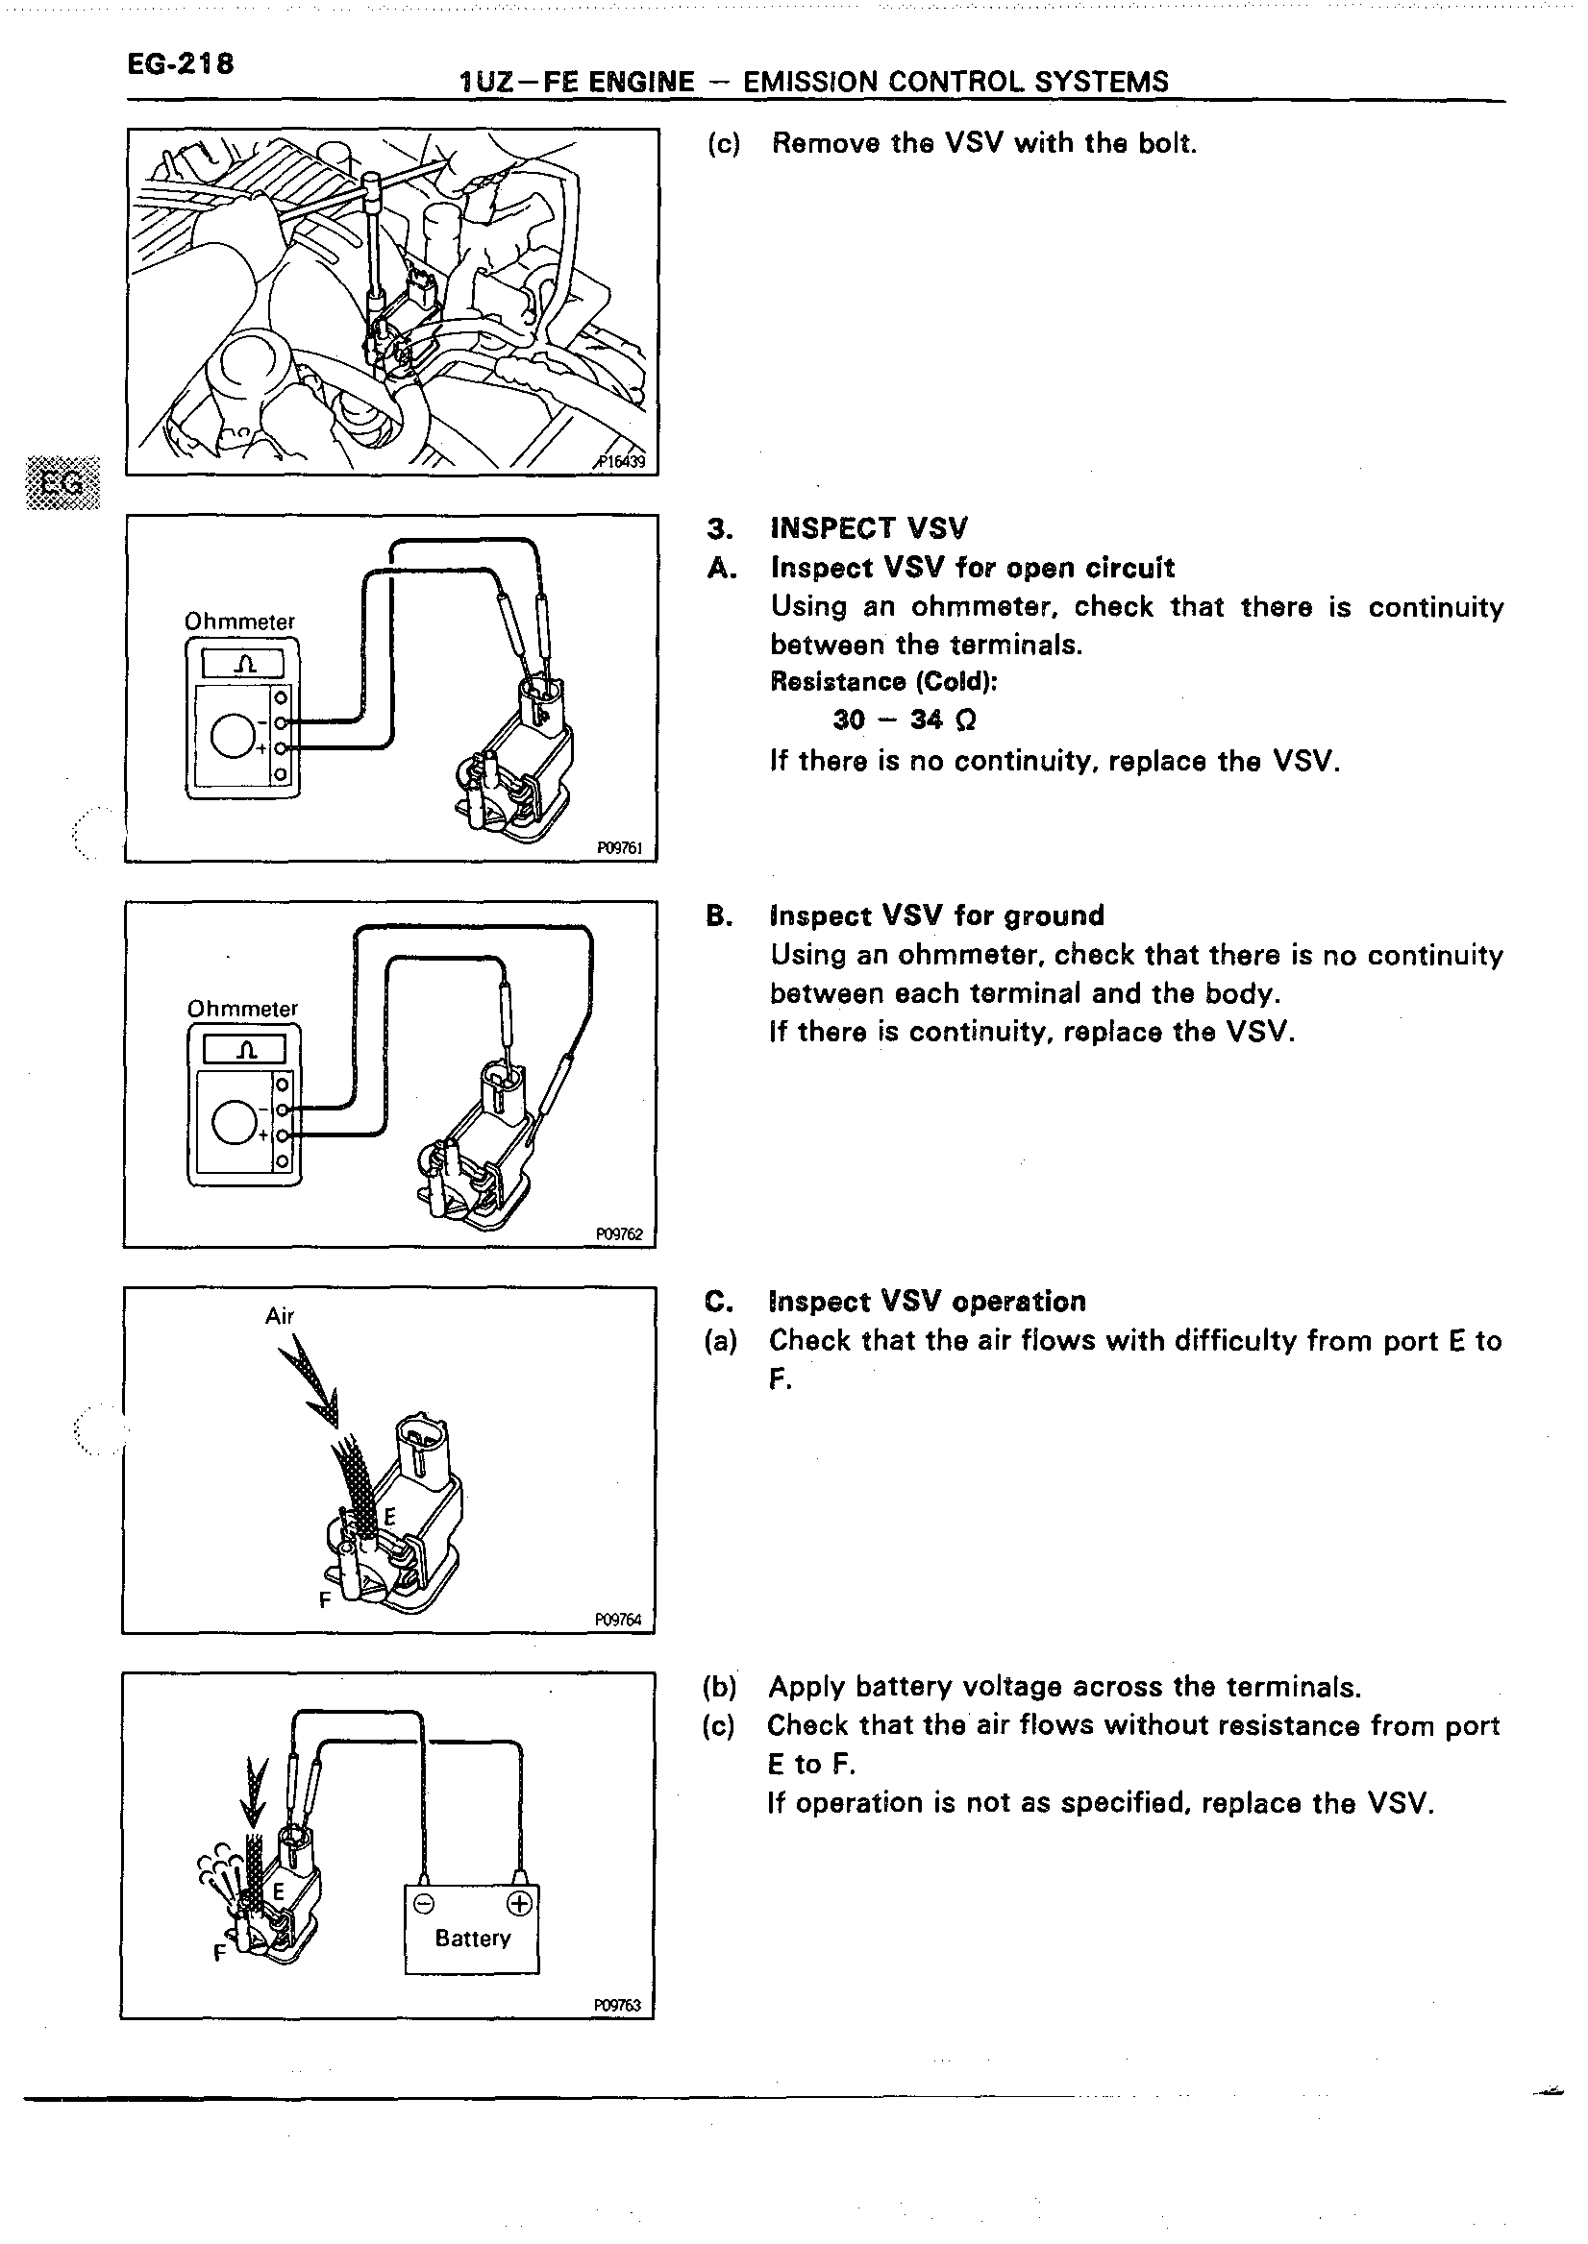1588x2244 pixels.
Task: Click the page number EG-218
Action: (180, 63)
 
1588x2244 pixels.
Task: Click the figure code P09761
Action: (620, 848)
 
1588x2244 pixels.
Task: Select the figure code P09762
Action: (620, 1234)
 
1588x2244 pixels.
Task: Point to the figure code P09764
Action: (618, 1620)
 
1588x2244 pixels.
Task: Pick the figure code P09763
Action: (617, 2006)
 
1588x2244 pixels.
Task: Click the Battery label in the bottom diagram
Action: (472, 1938)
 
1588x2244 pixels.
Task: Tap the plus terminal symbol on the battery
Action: (519, 1904)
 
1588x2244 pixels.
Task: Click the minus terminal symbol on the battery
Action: (423, 1904)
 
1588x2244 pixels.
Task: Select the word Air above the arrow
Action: (280, 1316)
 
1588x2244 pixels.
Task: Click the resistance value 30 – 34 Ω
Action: (904, 720)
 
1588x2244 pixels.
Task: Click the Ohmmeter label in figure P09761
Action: (239, 622)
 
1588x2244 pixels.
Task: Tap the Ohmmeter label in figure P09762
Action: (242, 1009)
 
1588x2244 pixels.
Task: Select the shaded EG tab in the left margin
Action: (62, 483)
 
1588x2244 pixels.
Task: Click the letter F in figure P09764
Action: (325, 1600)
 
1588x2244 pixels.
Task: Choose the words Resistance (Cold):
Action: (883, 681)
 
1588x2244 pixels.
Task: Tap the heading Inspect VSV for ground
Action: (937, 915)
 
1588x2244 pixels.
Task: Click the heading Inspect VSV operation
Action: (927, 1302)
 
